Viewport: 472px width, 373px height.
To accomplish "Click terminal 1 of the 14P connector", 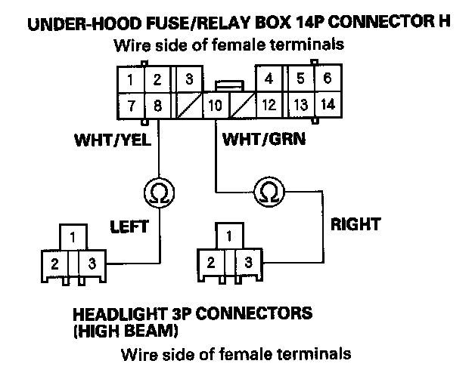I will [x=132, y=79].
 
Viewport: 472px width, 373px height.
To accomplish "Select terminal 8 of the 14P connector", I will [x=157, y=105].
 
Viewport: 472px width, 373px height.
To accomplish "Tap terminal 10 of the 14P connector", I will [x=215, y=105].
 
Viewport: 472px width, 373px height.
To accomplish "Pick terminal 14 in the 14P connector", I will [x=327, y=104].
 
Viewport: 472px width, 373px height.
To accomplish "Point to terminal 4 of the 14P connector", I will [x=268, y=79].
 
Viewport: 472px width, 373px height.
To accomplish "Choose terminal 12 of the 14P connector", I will [x=268, y=105].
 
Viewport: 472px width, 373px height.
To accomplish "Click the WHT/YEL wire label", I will [x=113, y=140].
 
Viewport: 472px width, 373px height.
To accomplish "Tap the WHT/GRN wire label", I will [x=258, y=140].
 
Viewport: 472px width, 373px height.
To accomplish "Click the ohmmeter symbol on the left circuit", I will [x=157, y=193].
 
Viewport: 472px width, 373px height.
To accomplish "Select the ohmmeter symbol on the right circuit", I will [x=267, y=193].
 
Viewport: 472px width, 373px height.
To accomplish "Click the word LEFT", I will [x=129, y=225].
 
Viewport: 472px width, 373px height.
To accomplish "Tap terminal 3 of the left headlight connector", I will [x=92, y=264].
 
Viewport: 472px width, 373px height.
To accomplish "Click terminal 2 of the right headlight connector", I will [x=211, y=263].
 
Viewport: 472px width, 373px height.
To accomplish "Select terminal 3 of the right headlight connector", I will [x=247, y=263].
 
